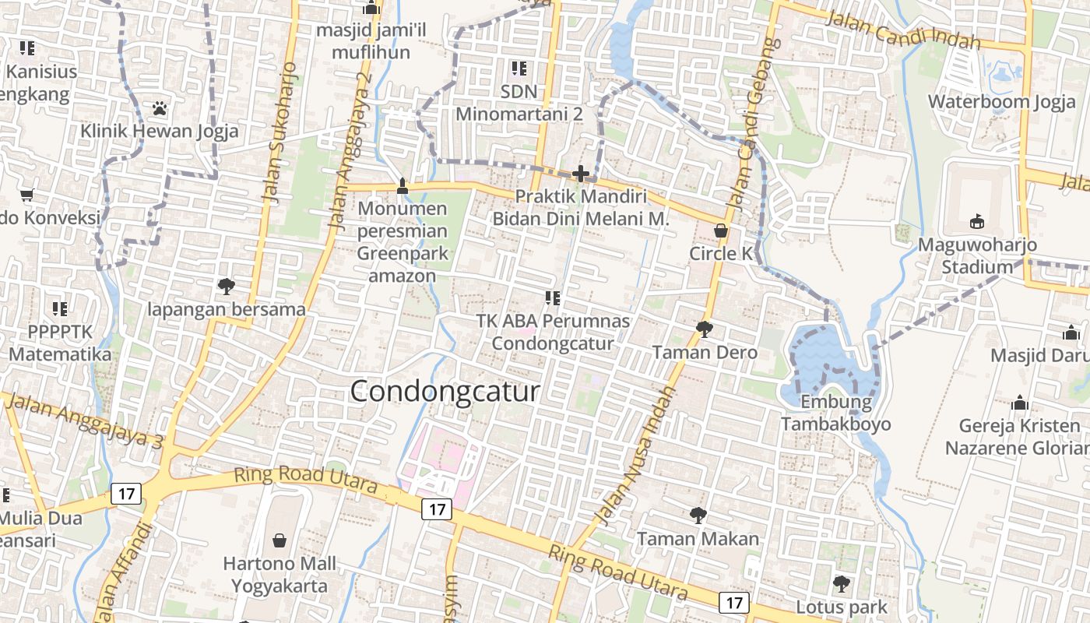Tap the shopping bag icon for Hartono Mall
point(280,540)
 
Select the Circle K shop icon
point(722,231)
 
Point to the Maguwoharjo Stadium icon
point(977,222)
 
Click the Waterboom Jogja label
point(1001,102)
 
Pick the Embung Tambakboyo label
point(835,414)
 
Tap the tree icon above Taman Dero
point(705,329)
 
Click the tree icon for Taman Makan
point(698,515)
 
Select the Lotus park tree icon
point(841,583)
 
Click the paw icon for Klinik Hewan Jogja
point(160,107)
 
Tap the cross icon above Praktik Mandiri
point(580,174)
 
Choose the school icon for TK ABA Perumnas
point(553,297)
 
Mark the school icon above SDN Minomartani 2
point(519,69)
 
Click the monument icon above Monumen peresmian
point(403,185)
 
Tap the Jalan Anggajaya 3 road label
point(82,421)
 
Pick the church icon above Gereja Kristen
point(1020,403)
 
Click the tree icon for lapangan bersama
point(227,287)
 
